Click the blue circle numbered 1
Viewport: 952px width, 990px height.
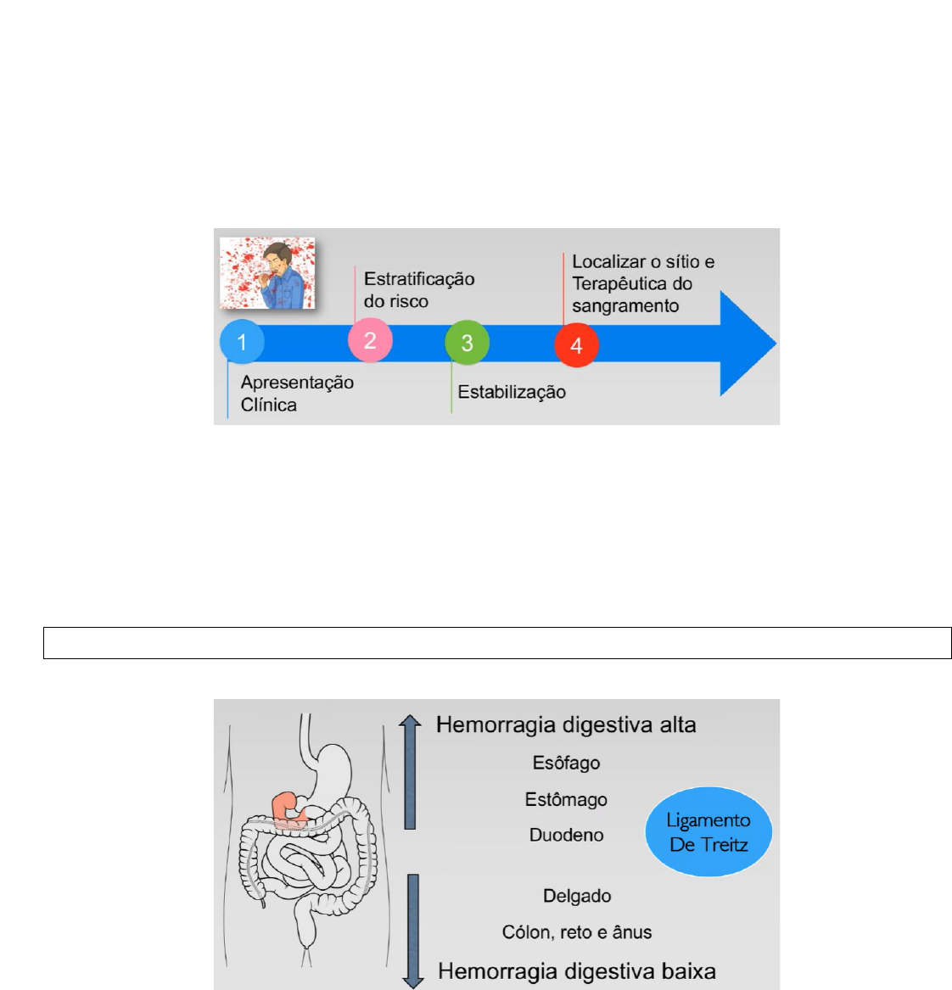coord(242,342)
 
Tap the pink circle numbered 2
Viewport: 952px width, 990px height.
coord(370,340)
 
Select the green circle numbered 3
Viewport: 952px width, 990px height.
coord(467,343)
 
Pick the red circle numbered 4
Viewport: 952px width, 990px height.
coord(576,345)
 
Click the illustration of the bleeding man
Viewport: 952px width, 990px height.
coord(268,273)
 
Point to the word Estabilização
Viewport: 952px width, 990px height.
coord(512,392)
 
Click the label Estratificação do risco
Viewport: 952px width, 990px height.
coord(419,290)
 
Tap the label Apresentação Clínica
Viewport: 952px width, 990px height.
coord(297,394)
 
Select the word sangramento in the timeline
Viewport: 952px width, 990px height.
coord(625,306)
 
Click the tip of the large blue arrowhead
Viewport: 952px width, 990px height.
coord(773,344)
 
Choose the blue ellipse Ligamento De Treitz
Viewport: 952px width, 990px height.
coord(708,832)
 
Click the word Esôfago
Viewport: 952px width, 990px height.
coord(566,763)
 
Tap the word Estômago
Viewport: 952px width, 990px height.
coord(566,799)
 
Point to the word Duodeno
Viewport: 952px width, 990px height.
coord(566,835)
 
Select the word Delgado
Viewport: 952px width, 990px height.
coord(577,896)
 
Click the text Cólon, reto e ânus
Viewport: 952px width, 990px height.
coord(577,932)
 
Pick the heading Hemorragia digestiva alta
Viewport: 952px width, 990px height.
coord(566,725)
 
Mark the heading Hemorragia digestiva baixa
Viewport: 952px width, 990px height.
coord(577,971)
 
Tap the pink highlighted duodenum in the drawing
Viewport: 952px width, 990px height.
coord(287,808)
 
